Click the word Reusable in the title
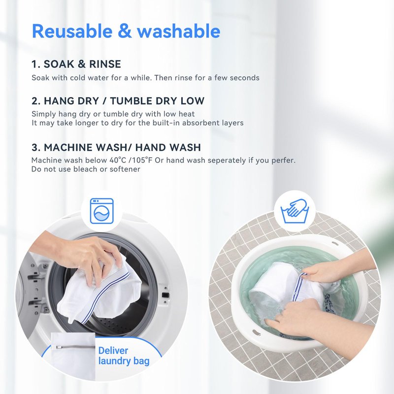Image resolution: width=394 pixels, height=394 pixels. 72,31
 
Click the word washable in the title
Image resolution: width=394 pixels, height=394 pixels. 179,31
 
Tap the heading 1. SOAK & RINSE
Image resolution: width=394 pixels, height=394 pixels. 76,64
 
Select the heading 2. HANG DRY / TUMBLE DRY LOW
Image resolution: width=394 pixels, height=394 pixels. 118,101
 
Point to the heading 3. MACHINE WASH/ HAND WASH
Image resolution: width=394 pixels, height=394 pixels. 116,147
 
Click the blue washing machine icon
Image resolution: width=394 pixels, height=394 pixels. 102,211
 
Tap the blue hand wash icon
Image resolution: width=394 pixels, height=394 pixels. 295,211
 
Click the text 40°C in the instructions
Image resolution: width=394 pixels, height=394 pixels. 118,160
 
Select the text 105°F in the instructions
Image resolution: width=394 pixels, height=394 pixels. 142,160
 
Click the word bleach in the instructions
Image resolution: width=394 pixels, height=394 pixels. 85,169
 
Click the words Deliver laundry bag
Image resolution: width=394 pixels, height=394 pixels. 124,356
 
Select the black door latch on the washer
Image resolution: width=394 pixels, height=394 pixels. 165,295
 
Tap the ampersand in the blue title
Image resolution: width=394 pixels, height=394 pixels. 125,31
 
